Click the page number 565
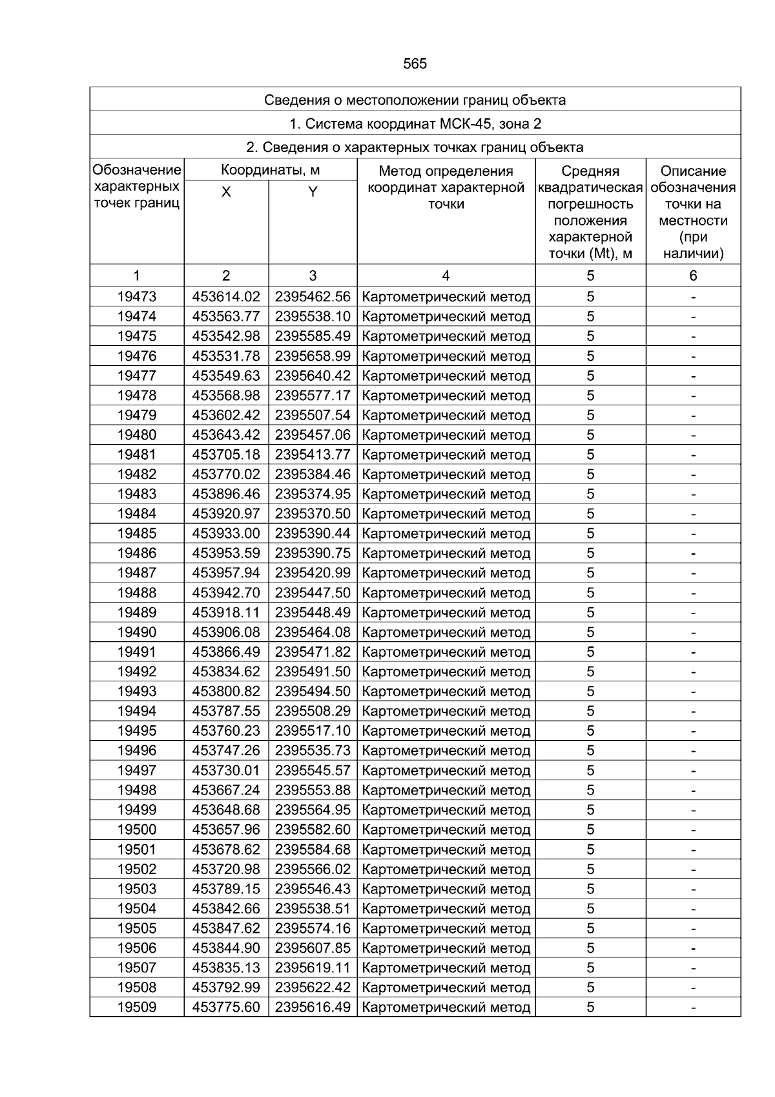(415, 64)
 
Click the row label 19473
(136, 297)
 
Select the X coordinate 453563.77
(226, 317)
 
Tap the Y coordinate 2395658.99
(313, 356)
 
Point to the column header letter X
(226, 192)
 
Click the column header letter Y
(313, 192)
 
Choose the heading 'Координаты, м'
(270, 171)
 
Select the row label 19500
(136, 829)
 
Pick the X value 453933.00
(226, 533)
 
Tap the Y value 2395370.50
(313, 514)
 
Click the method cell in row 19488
(446, 593)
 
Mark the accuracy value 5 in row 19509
(590, 1007)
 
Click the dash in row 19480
(693, 435)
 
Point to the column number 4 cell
(446, 276)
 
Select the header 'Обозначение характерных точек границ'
(136, 187)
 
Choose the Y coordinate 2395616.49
(313, 1007)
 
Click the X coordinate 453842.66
(226, 909)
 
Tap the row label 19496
(136, 751)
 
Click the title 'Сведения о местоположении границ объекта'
(415, 100)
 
